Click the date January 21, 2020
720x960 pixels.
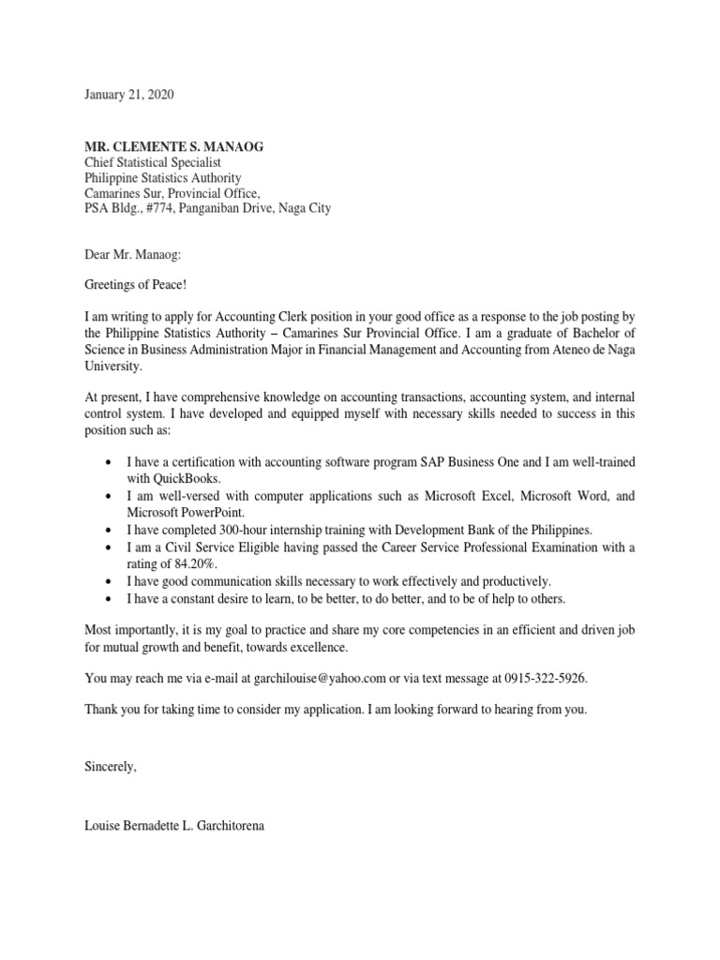[128, 96]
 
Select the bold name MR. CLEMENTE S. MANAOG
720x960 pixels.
[173, 146]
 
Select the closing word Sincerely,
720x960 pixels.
[110, 767]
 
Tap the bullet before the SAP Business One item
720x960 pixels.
[112, 463]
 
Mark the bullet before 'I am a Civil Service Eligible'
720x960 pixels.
[112, 547]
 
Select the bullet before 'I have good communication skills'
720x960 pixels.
[112, 581]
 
